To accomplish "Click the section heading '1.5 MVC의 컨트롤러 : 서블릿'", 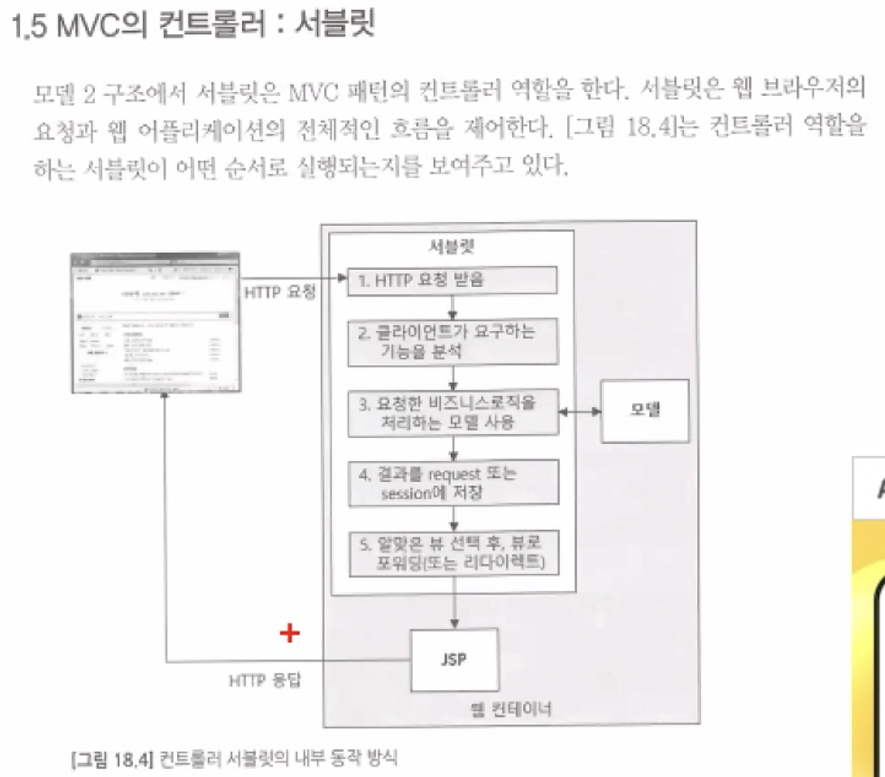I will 195,28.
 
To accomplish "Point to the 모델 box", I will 644,410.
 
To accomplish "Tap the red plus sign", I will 290,634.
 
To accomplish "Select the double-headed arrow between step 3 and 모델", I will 580,410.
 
